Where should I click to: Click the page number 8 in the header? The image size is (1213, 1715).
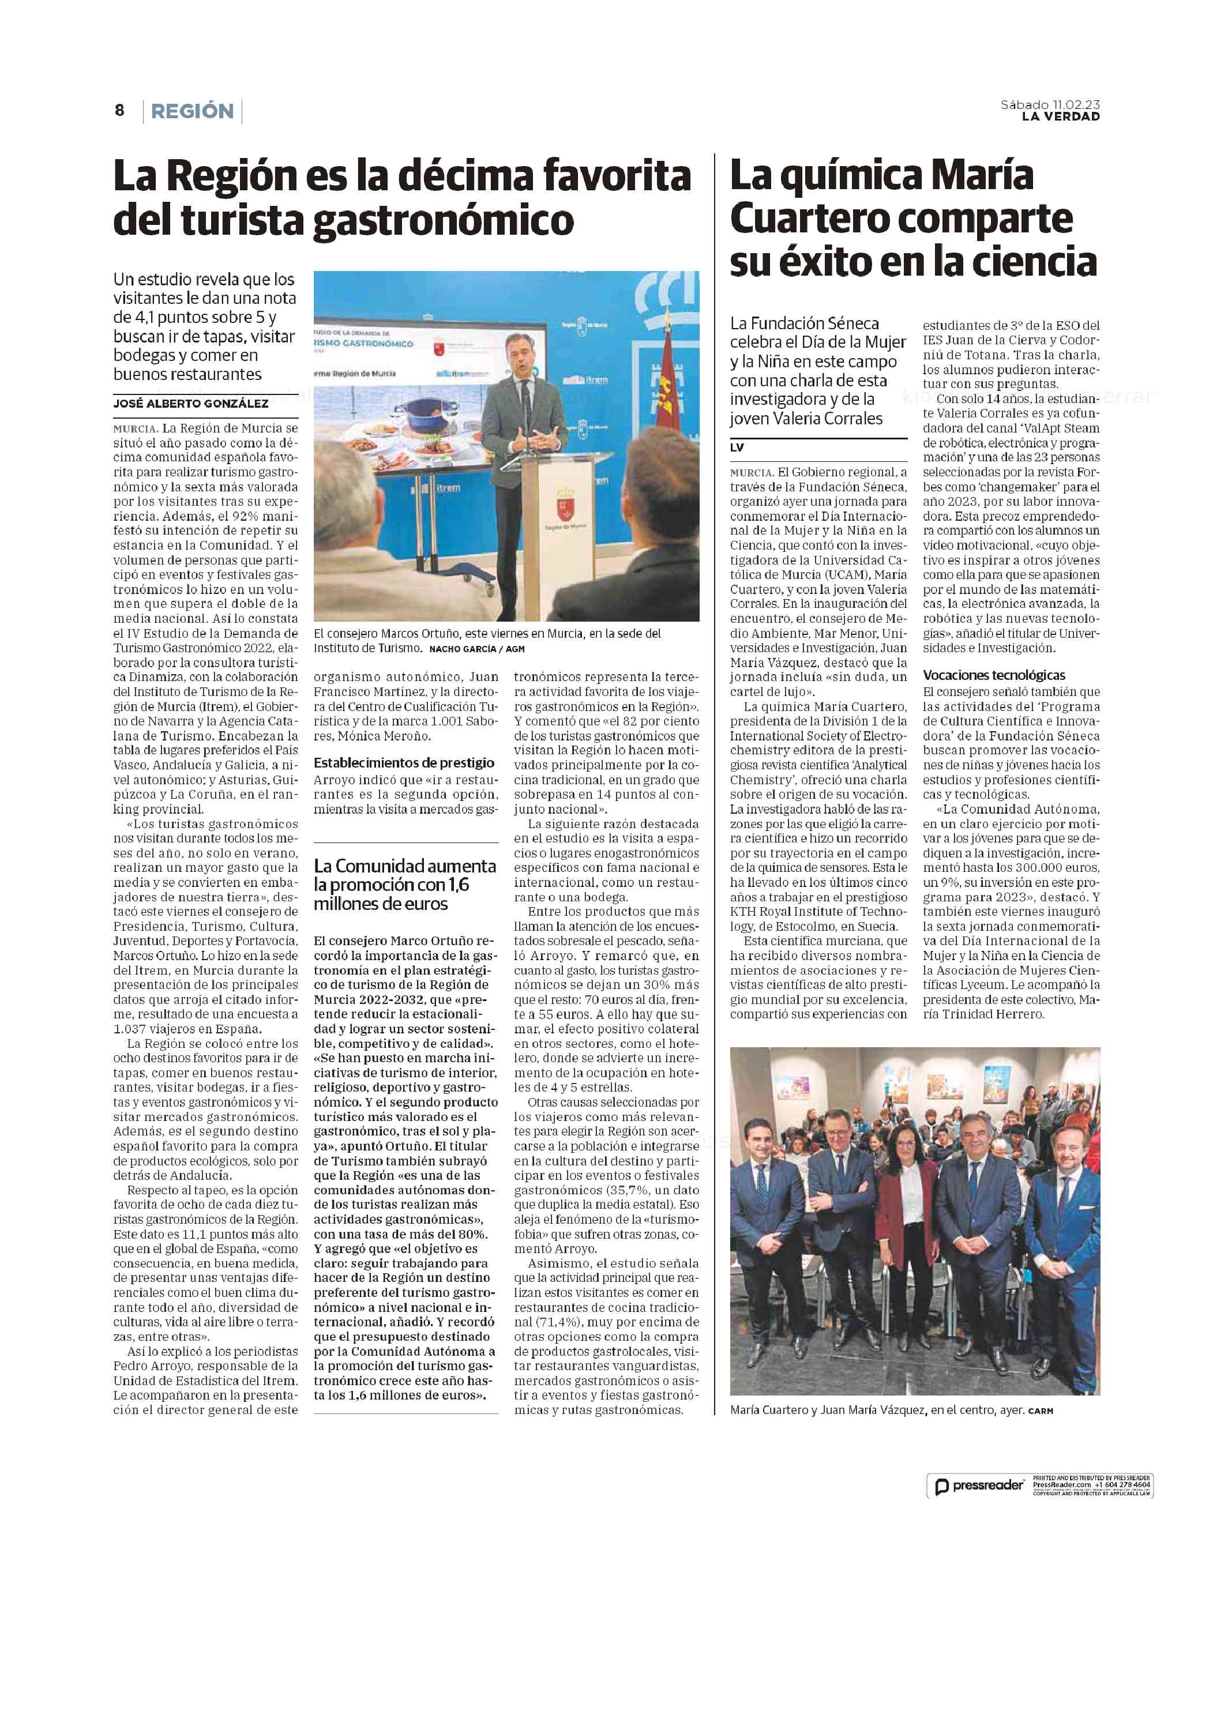(119, 111)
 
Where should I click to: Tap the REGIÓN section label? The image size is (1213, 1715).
(192, 111)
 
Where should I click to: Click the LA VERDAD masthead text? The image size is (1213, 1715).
(1061, 116)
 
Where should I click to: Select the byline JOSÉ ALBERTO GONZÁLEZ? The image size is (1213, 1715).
(191, 403)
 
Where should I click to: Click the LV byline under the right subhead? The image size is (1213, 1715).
(737, 447)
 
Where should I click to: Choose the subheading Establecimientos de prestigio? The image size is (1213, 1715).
(404, 762)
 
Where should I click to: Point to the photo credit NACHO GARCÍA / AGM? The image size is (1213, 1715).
(476, 649)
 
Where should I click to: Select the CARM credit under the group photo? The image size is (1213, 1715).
(1041, 1411)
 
